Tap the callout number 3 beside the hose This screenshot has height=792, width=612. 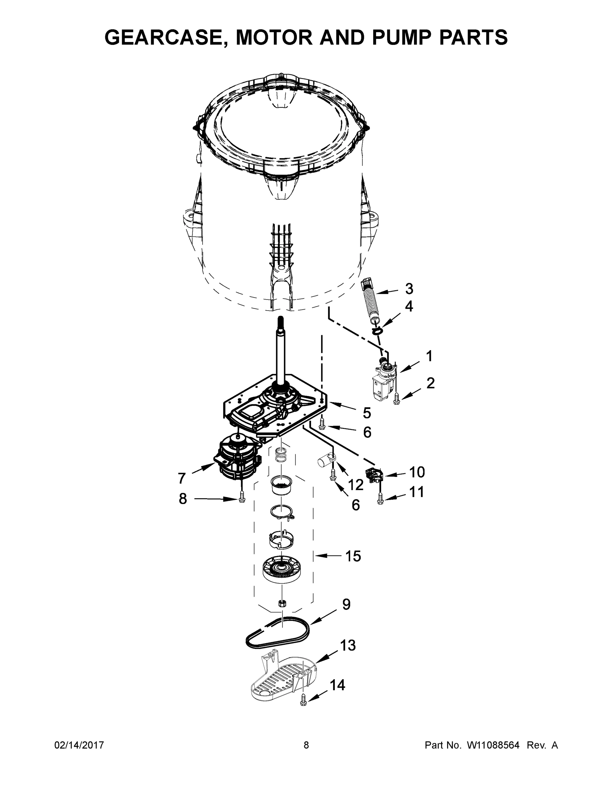point(409,289)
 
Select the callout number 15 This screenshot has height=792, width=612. point(353,556)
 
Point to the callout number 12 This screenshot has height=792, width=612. point(356,484)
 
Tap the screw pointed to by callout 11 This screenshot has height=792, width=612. point(380,499)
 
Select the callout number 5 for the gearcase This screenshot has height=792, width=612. point(367,413)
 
